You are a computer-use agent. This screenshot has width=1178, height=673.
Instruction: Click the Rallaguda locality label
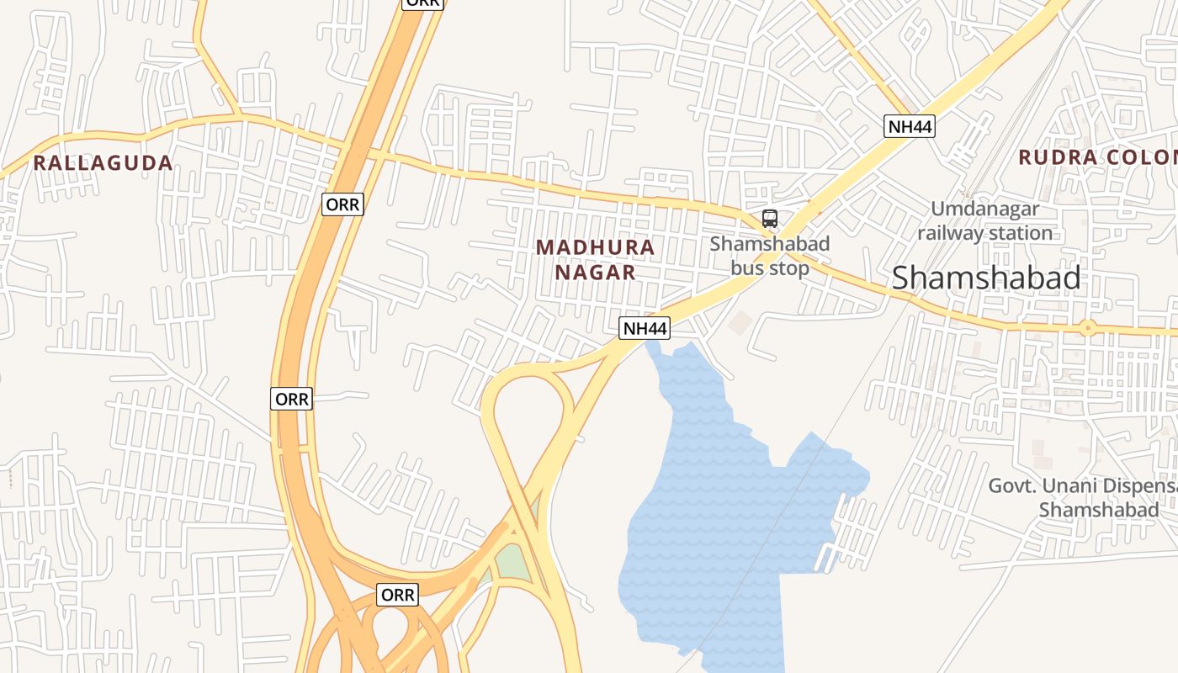103,163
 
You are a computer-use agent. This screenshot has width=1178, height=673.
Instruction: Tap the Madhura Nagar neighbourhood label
595,259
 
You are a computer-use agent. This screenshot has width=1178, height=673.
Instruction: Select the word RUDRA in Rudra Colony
1058,157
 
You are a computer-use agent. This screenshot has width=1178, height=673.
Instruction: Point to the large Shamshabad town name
986,278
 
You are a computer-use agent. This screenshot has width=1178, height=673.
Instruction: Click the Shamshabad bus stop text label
769,256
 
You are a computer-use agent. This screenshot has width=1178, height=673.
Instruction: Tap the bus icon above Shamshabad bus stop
769,219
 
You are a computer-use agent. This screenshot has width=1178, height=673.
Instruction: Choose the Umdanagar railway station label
984,220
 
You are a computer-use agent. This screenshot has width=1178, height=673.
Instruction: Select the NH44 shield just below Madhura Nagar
645,328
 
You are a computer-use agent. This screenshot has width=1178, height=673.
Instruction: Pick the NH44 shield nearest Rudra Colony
910,127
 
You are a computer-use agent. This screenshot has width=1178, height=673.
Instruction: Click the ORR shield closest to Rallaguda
342,204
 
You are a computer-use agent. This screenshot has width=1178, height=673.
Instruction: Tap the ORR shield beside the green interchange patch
398,595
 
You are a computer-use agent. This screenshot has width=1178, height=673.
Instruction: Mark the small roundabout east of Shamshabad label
1087,328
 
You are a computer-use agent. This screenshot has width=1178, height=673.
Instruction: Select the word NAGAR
595,273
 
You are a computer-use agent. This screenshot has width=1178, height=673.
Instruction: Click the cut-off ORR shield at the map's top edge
422,3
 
